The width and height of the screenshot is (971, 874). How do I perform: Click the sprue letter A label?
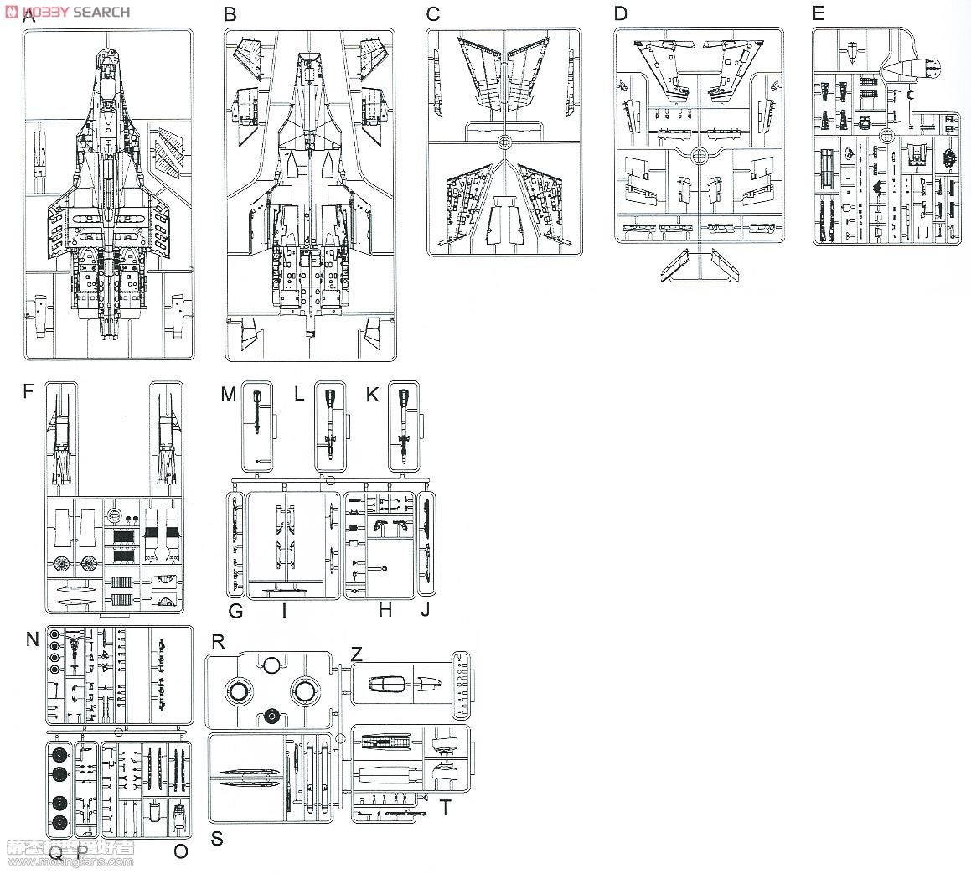tap(29, 15)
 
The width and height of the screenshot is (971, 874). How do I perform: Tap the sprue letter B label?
tap(230, 15)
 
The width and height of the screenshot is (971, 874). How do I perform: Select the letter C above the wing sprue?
tap(432, 14)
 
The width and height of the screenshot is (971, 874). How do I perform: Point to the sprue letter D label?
tap(620, 13)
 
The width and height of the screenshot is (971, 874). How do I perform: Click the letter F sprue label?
tap(29, 391)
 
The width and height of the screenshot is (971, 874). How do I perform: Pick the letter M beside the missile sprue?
tap(229, 394)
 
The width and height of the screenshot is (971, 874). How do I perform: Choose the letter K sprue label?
tap(373, 394)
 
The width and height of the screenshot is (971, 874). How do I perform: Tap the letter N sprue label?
tap(32, 639)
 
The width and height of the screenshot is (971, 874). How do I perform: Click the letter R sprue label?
tap(218, 642)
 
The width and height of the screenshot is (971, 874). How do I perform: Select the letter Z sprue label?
tap(357, 654)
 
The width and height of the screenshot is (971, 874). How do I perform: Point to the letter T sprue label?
tap(445, 807)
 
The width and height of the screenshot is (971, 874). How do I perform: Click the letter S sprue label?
tap(217, 838)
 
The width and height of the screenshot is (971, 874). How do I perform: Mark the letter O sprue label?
tap(180, 852)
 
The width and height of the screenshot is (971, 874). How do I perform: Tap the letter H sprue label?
tap(385, 610)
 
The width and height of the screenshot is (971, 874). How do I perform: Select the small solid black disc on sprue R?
tap(271, 716)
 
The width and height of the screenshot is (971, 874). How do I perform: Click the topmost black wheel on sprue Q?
tap(59, 751)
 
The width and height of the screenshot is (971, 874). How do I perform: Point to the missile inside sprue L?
tap(329, 423)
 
